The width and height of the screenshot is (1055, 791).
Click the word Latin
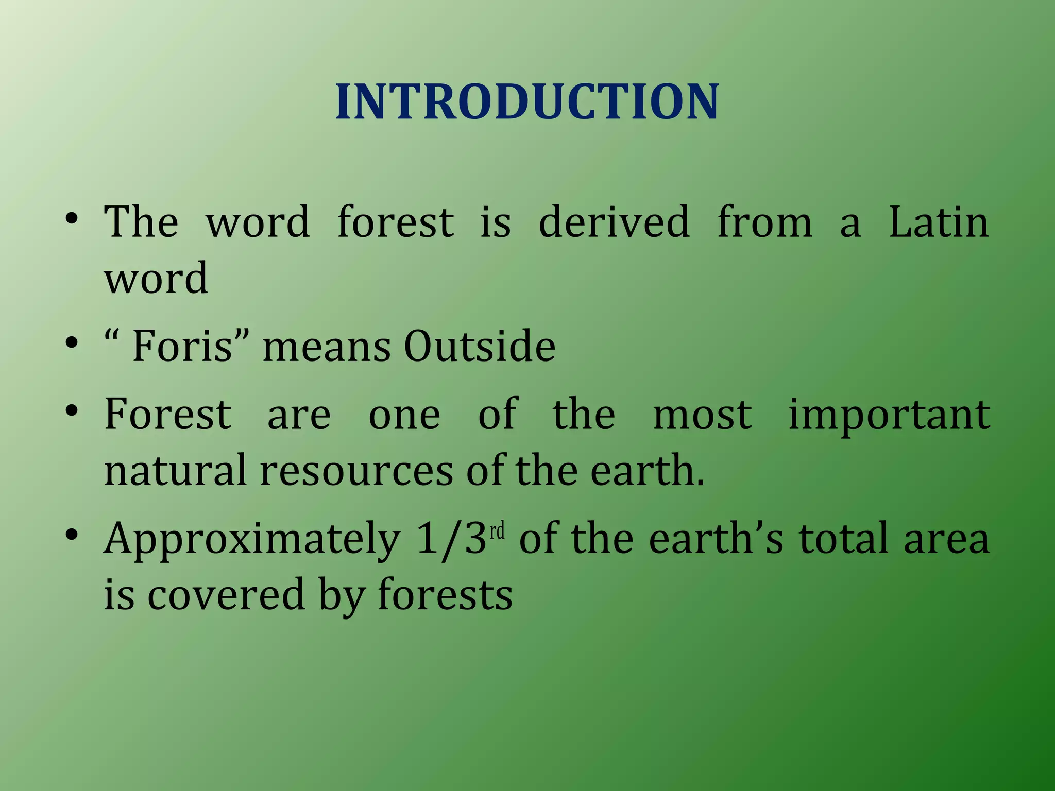(939, 222)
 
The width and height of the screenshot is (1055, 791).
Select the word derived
(614, 222)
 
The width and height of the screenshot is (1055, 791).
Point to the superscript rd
(497, 531)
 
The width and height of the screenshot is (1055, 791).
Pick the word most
(702, 415)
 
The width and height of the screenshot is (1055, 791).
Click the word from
(764, 222)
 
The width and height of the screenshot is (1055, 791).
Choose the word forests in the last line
(445, 594)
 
